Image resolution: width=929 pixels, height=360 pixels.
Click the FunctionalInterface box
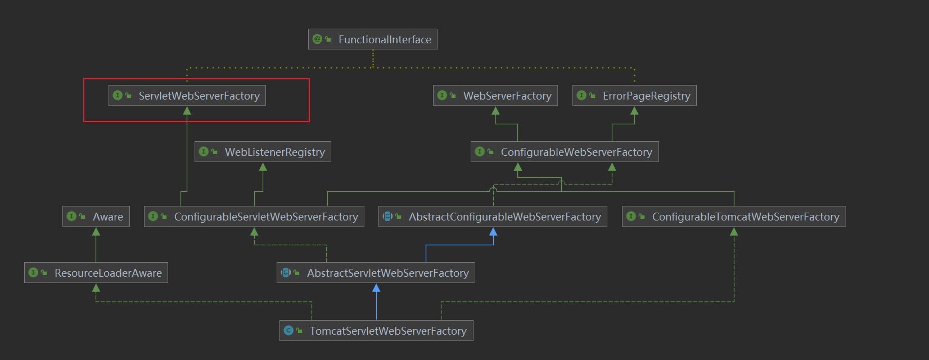point(373,39)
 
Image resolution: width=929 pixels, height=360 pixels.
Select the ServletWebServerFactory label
point(199,96)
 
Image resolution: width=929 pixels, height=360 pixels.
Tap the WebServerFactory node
point(495,96)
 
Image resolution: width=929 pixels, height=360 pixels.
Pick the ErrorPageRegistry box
point(634,96)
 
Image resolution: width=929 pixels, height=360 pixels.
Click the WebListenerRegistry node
point(263,152)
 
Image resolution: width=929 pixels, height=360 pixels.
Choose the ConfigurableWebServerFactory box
point(565,152)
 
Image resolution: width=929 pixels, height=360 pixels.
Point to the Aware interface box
point(96,217)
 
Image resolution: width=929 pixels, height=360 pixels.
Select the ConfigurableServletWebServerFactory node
point(254,217)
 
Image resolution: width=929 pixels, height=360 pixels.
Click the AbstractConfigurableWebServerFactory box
point(493,217)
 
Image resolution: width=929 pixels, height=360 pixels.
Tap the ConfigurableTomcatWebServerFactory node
point(733,217)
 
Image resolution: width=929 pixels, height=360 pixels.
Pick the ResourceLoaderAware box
point(96,273)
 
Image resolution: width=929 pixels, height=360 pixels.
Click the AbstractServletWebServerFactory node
point(376,273)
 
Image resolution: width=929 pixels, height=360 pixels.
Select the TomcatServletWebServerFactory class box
point(376,331)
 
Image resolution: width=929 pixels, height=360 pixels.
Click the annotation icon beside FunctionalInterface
point(318,39)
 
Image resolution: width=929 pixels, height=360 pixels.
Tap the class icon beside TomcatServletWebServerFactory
point(288,331)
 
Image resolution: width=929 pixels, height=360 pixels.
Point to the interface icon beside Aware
point(71,217)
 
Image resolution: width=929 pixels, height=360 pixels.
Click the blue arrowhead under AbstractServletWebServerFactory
point(376,288)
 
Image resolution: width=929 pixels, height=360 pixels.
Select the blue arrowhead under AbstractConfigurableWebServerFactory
point(493,232)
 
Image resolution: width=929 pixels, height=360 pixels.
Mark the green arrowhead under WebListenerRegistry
point(263,167)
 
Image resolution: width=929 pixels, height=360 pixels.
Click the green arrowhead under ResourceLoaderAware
point(96,288)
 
